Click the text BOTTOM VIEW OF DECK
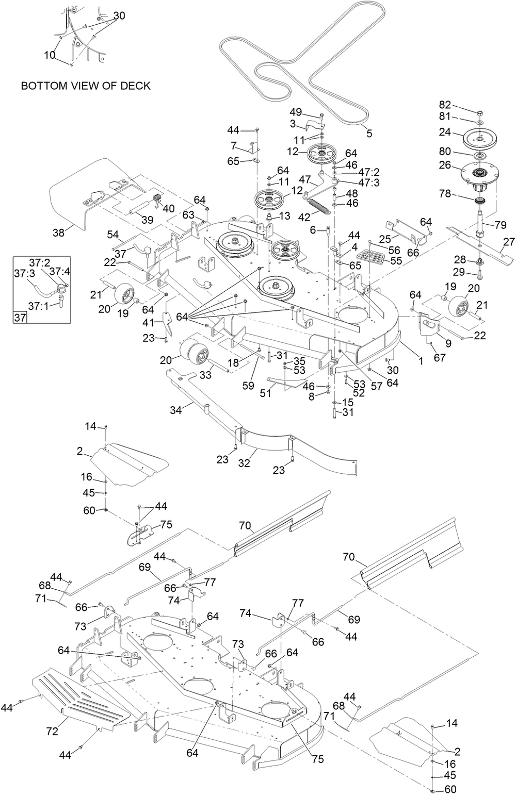click(x=86, y=86)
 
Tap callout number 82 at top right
click(x=445, y=105)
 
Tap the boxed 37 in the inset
click(x=20, y=317)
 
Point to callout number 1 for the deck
click(x=421, y=361)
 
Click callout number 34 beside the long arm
click(x=176, y=410)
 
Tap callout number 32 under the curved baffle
click(x=244, y=463)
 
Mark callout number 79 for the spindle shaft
click(x=500, y=225)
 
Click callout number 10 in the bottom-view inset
click(x=50, y=55)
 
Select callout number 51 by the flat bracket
click(x=266, y=393)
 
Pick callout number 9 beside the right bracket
click(x=448, y=343)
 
